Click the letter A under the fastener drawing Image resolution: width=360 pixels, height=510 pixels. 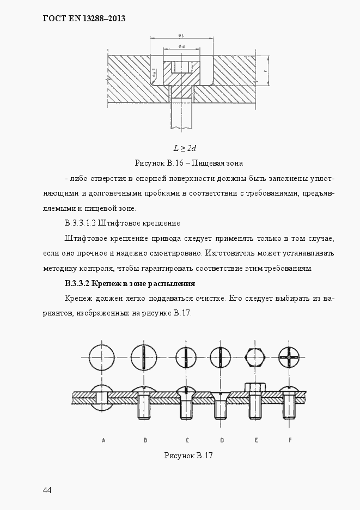[103, 440]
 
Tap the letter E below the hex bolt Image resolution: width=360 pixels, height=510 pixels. [256, 440]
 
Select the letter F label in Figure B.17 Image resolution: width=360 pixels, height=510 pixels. [290, 440]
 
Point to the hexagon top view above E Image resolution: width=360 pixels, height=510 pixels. [256, 357]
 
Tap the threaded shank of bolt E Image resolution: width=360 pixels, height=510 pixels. [256, 405]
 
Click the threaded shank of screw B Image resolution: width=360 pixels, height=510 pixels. [145, 406]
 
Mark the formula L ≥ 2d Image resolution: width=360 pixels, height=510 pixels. [185, 148]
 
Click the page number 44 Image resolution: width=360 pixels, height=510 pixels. [47, 490]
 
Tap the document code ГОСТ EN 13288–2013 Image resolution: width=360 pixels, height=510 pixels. [84, 18]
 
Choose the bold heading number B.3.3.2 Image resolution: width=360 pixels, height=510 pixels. [76, 284]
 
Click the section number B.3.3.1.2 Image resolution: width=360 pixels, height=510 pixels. [80, 223]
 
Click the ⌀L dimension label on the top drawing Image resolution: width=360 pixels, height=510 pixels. [180, 36]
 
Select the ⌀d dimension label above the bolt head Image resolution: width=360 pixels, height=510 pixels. [180, 47]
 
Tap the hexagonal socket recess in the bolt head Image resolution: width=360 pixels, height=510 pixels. [180, 68]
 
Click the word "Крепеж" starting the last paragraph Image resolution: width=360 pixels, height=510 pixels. [79, 299]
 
